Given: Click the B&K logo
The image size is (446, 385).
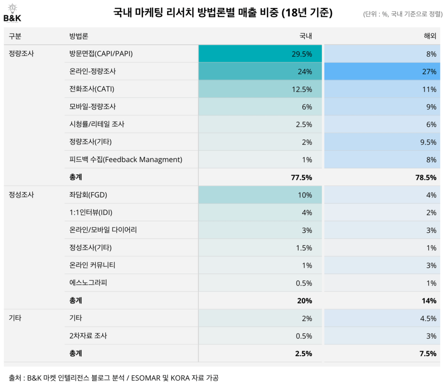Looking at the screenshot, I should pyautogui.click(x=12, y=12).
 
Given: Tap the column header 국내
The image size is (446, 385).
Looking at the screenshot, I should pyautogui.click(x=305, y=36).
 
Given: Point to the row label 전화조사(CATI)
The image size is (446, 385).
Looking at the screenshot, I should pyautogui.click(x=89, y=89).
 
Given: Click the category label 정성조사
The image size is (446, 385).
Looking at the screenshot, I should pyautogui.click(x=21, y=195).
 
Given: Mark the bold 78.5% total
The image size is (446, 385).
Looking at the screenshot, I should pyautogui.click(x=426, y=177).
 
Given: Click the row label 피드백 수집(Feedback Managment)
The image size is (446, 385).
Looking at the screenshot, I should pyautogui.click(x=125, y=160).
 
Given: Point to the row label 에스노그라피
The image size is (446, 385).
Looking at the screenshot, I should pyautogui.click(x=88, y=283).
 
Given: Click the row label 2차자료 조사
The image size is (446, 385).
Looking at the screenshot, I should pyautogui.click(x=88, y=336).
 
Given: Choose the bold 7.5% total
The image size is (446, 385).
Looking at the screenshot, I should pyautogui.click(x=428, y=354).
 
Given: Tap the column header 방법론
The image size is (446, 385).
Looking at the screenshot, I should pyautogui.click(x=79, y=36).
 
